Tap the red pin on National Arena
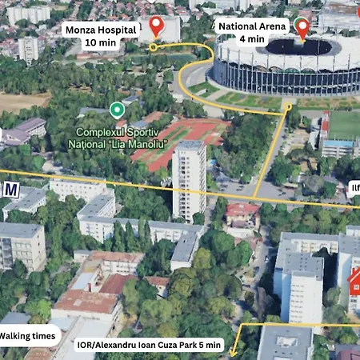pyautogui.click(x=302, y=27)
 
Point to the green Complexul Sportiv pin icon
pyautogui.click(x=117, y=109)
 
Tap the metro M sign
pyautogui.click(x=11, y=190)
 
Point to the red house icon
pyautogui.click(x=354, y=282)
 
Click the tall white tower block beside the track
pyautogui.click(x=189, y=179)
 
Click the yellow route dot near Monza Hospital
pyautogui.click(x=153, y=47)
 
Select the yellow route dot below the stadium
pyautogui.click(x=287, y=106)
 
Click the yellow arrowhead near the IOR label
pyautogui.click(x=233, y=351)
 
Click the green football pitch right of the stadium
pyautogui.click(x=345, y=125)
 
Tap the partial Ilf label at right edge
pyautogui.click(x=354, y=189)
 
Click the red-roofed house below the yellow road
pyautogui.click(x=242, y=213)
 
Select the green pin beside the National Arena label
pyautogui.click(x=299, y=22)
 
